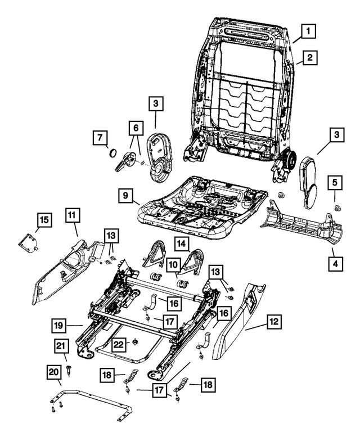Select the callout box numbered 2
tap(310, 57)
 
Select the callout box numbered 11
tap(72, 215)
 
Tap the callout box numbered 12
tap(274, 322)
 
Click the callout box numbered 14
tap(181, 243)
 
